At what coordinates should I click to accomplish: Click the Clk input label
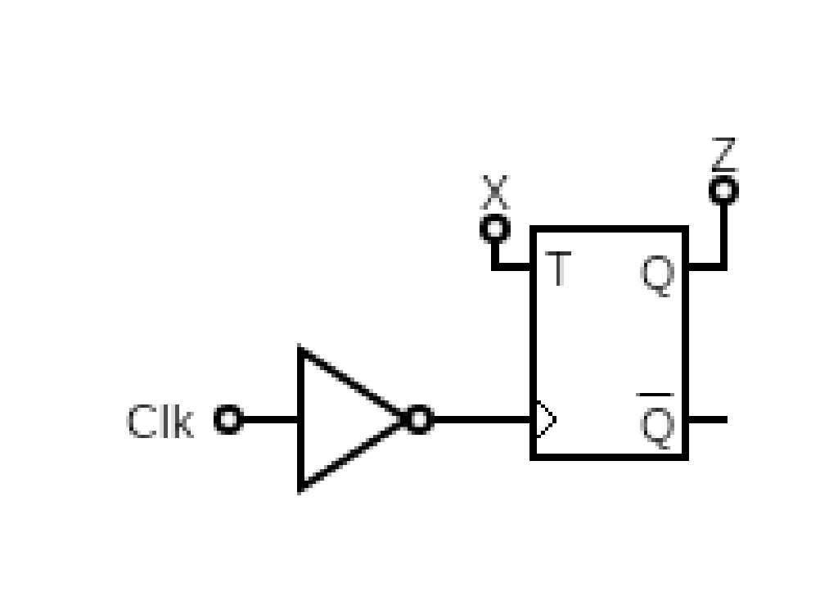pos(160,422)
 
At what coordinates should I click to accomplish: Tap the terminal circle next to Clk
pos(228,420)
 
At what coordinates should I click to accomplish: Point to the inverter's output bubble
pos(418,420)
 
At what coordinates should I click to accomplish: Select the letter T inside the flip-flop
pos(558,269)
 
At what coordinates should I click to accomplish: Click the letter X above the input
pos(493,193)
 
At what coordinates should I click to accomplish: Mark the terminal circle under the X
pos(493,228)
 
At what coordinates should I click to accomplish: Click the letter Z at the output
pos(723,154)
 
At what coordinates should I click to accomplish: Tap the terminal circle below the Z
pos(723,191)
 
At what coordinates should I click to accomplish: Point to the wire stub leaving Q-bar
pos(707,420)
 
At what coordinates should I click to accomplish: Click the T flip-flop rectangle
pos(610,344)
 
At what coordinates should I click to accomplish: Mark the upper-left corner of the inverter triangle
pos(301,352)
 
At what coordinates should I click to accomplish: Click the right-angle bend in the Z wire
pos(723,266)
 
